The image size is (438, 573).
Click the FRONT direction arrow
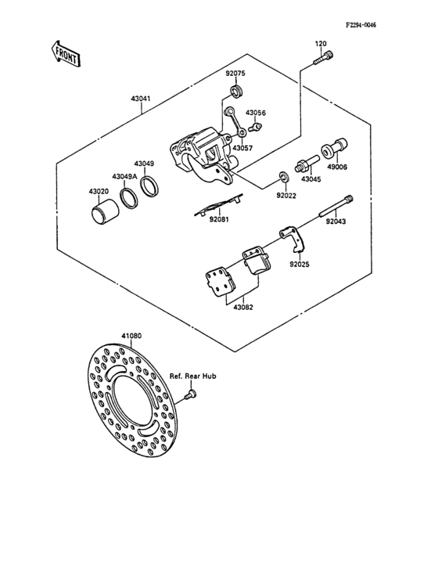point(66,54)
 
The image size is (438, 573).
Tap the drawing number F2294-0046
point(361,25)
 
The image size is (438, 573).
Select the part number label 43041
point(141,99)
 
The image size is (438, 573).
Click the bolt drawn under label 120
point(324,58)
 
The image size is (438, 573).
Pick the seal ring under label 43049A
point(129,198)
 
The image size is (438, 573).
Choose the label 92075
point(235,73)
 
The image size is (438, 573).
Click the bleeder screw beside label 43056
point(255,128)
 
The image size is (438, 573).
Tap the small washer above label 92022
point(284,176)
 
